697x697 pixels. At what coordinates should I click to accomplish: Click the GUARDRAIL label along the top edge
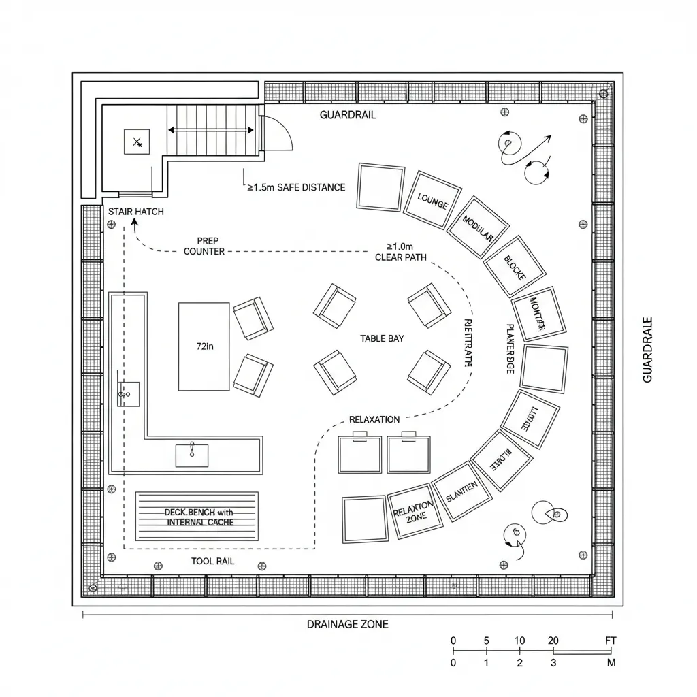point(348,115)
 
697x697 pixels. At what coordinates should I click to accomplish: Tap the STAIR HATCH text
point(136,212)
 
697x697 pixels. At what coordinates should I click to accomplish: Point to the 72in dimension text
point(204,346)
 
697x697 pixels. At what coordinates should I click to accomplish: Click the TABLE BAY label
point(382,338)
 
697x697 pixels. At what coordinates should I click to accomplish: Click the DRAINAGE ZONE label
point(347,624)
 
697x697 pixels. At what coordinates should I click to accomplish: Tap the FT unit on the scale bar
point(610,641)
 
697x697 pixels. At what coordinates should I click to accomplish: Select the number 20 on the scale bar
point(553,641)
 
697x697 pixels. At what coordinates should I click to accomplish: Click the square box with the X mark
point(137,142)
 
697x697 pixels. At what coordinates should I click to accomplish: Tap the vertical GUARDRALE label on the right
point(647,349)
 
